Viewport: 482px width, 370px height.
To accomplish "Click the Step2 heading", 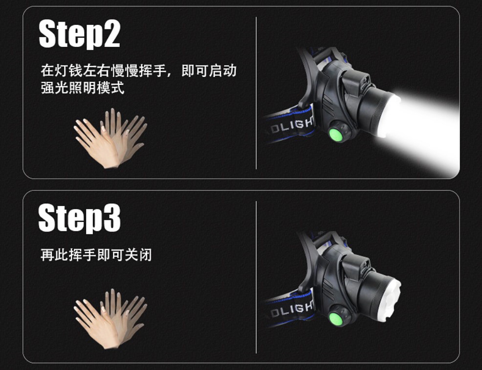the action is click(79, 34).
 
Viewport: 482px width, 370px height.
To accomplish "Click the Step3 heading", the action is click(79, 218).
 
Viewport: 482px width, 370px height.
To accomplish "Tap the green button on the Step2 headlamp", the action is click(336, 135).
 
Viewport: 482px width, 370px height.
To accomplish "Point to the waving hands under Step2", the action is click(110, 139).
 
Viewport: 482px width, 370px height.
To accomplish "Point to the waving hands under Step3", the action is click(110, 319).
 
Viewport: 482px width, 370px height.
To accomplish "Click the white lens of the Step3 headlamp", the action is click(391, 300).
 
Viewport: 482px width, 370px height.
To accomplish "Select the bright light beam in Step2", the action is click(424, 129).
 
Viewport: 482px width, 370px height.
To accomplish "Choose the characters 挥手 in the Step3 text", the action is click(83, 255).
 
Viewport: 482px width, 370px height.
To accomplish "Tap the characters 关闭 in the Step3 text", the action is click(138, 255).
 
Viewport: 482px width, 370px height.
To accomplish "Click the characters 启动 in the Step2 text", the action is click(223, 70).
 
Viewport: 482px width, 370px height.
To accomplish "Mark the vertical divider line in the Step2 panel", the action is click(256, 93).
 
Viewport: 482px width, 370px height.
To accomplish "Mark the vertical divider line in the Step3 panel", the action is click(256, 277).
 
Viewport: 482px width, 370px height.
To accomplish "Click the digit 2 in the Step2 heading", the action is click(111, 34).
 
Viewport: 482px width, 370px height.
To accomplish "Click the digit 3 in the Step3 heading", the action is click(112, 218).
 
